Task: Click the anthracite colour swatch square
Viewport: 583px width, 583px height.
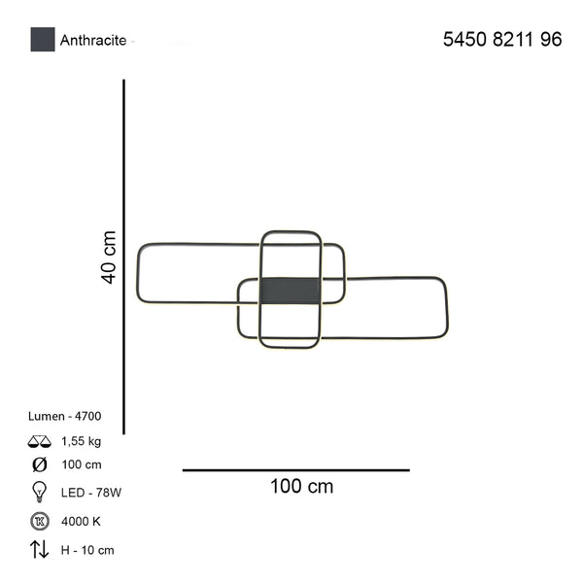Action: [x=43, y=40]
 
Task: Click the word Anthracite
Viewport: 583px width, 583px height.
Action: [x=94, y=41]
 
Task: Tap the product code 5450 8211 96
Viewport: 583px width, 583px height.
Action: [x=501, y=40]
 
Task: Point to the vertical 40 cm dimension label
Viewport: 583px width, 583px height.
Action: [x=109, y=257]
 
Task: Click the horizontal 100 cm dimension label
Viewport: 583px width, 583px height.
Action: [x=300, y=486]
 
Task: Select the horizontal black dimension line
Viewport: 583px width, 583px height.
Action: [x=295, y=470]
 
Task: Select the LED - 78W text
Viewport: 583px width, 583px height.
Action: [x=90, y=493]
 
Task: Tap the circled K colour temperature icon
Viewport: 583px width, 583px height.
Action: [x=40, y=521]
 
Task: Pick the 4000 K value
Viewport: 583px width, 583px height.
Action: [x=81, y=521]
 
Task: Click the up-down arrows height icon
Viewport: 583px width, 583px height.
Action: [x=40, y=550]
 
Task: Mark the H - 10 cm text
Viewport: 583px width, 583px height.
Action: [x=86, y=550]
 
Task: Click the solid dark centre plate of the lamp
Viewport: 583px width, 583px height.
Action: [x=291, y=290]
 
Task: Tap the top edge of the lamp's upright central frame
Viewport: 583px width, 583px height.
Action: [x=291, y=232]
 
